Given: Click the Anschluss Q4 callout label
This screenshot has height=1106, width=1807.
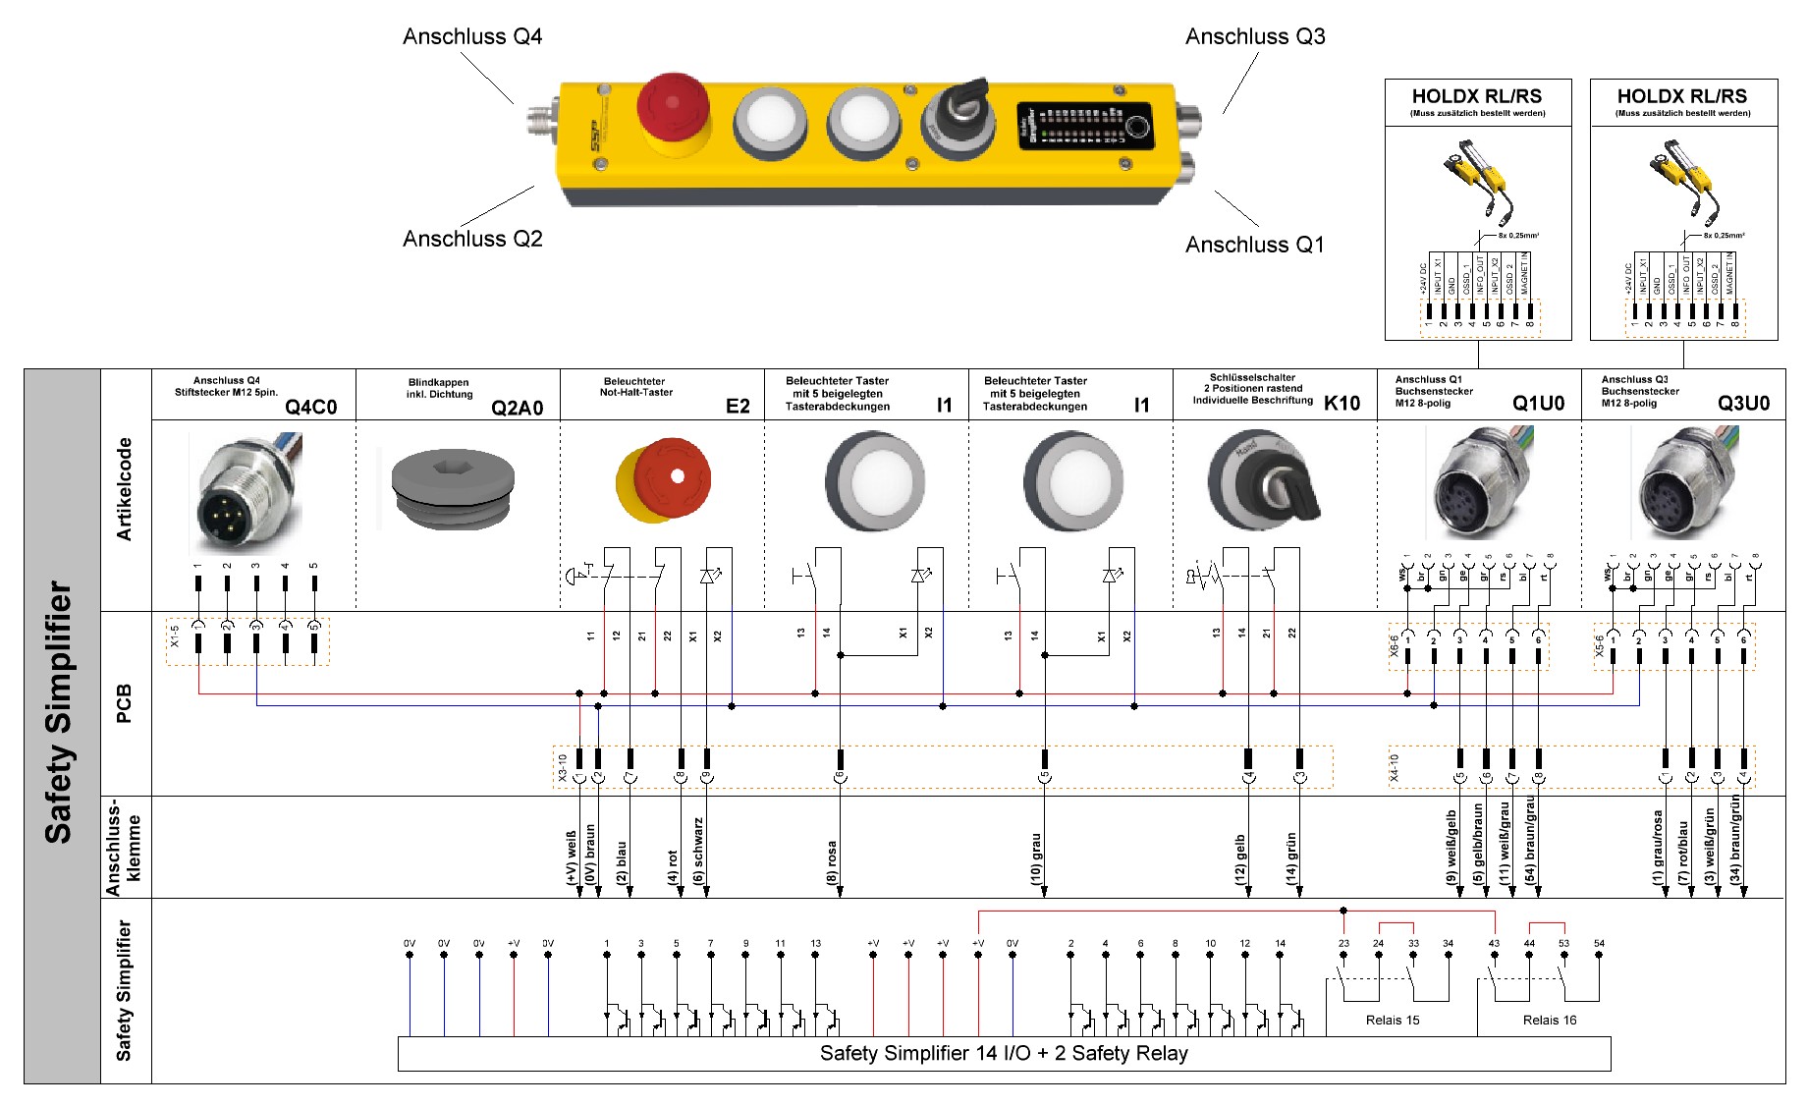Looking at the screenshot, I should click(471, 37).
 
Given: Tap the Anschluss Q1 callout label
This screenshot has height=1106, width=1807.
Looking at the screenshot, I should click(1254, 245).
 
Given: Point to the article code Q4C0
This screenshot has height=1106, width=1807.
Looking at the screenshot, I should click(310, 407).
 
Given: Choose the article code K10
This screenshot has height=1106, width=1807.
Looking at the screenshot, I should click(1342, 403).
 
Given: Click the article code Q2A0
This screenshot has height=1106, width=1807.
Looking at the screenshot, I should click(517, 408).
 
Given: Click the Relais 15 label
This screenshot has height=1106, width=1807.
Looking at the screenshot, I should click(1393, 1020).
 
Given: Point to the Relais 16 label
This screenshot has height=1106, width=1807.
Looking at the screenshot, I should click(1549, 1020).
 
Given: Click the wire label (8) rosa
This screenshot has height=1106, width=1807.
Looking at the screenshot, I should click(832, 862).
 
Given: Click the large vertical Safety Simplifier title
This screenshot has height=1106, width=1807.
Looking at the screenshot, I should click(59, 713).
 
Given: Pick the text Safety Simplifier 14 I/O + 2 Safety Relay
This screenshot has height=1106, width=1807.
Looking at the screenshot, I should click(1003, 1054).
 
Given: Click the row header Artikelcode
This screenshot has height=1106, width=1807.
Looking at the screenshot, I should click(125, 489).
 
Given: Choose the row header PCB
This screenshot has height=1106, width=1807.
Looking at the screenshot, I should click(125, 703).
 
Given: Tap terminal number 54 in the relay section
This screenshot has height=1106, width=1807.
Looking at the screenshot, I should click(1599, 943).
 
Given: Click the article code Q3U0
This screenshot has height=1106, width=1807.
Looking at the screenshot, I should click(1743, 403).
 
